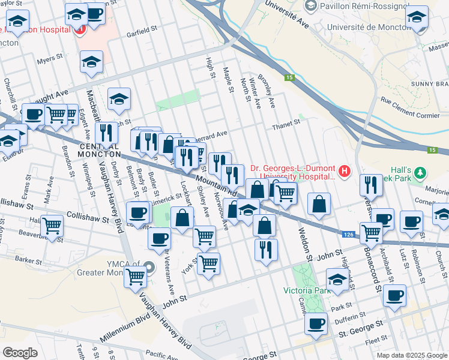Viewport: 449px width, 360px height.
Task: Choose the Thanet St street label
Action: (285, 122)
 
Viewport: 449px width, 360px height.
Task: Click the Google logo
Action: (20, 352)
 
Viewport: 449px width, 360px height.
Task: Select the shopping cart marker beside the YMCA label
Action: (136, 276)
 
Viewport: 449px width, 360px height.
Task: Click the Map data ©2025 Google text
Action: (411, 355)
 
